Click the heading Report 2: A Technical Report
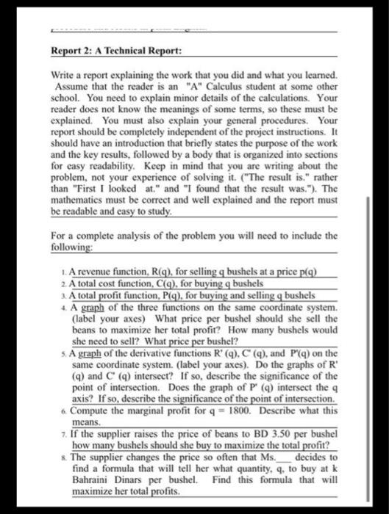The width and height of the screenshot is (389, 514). pyautogui.click(x=113, y=52)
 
